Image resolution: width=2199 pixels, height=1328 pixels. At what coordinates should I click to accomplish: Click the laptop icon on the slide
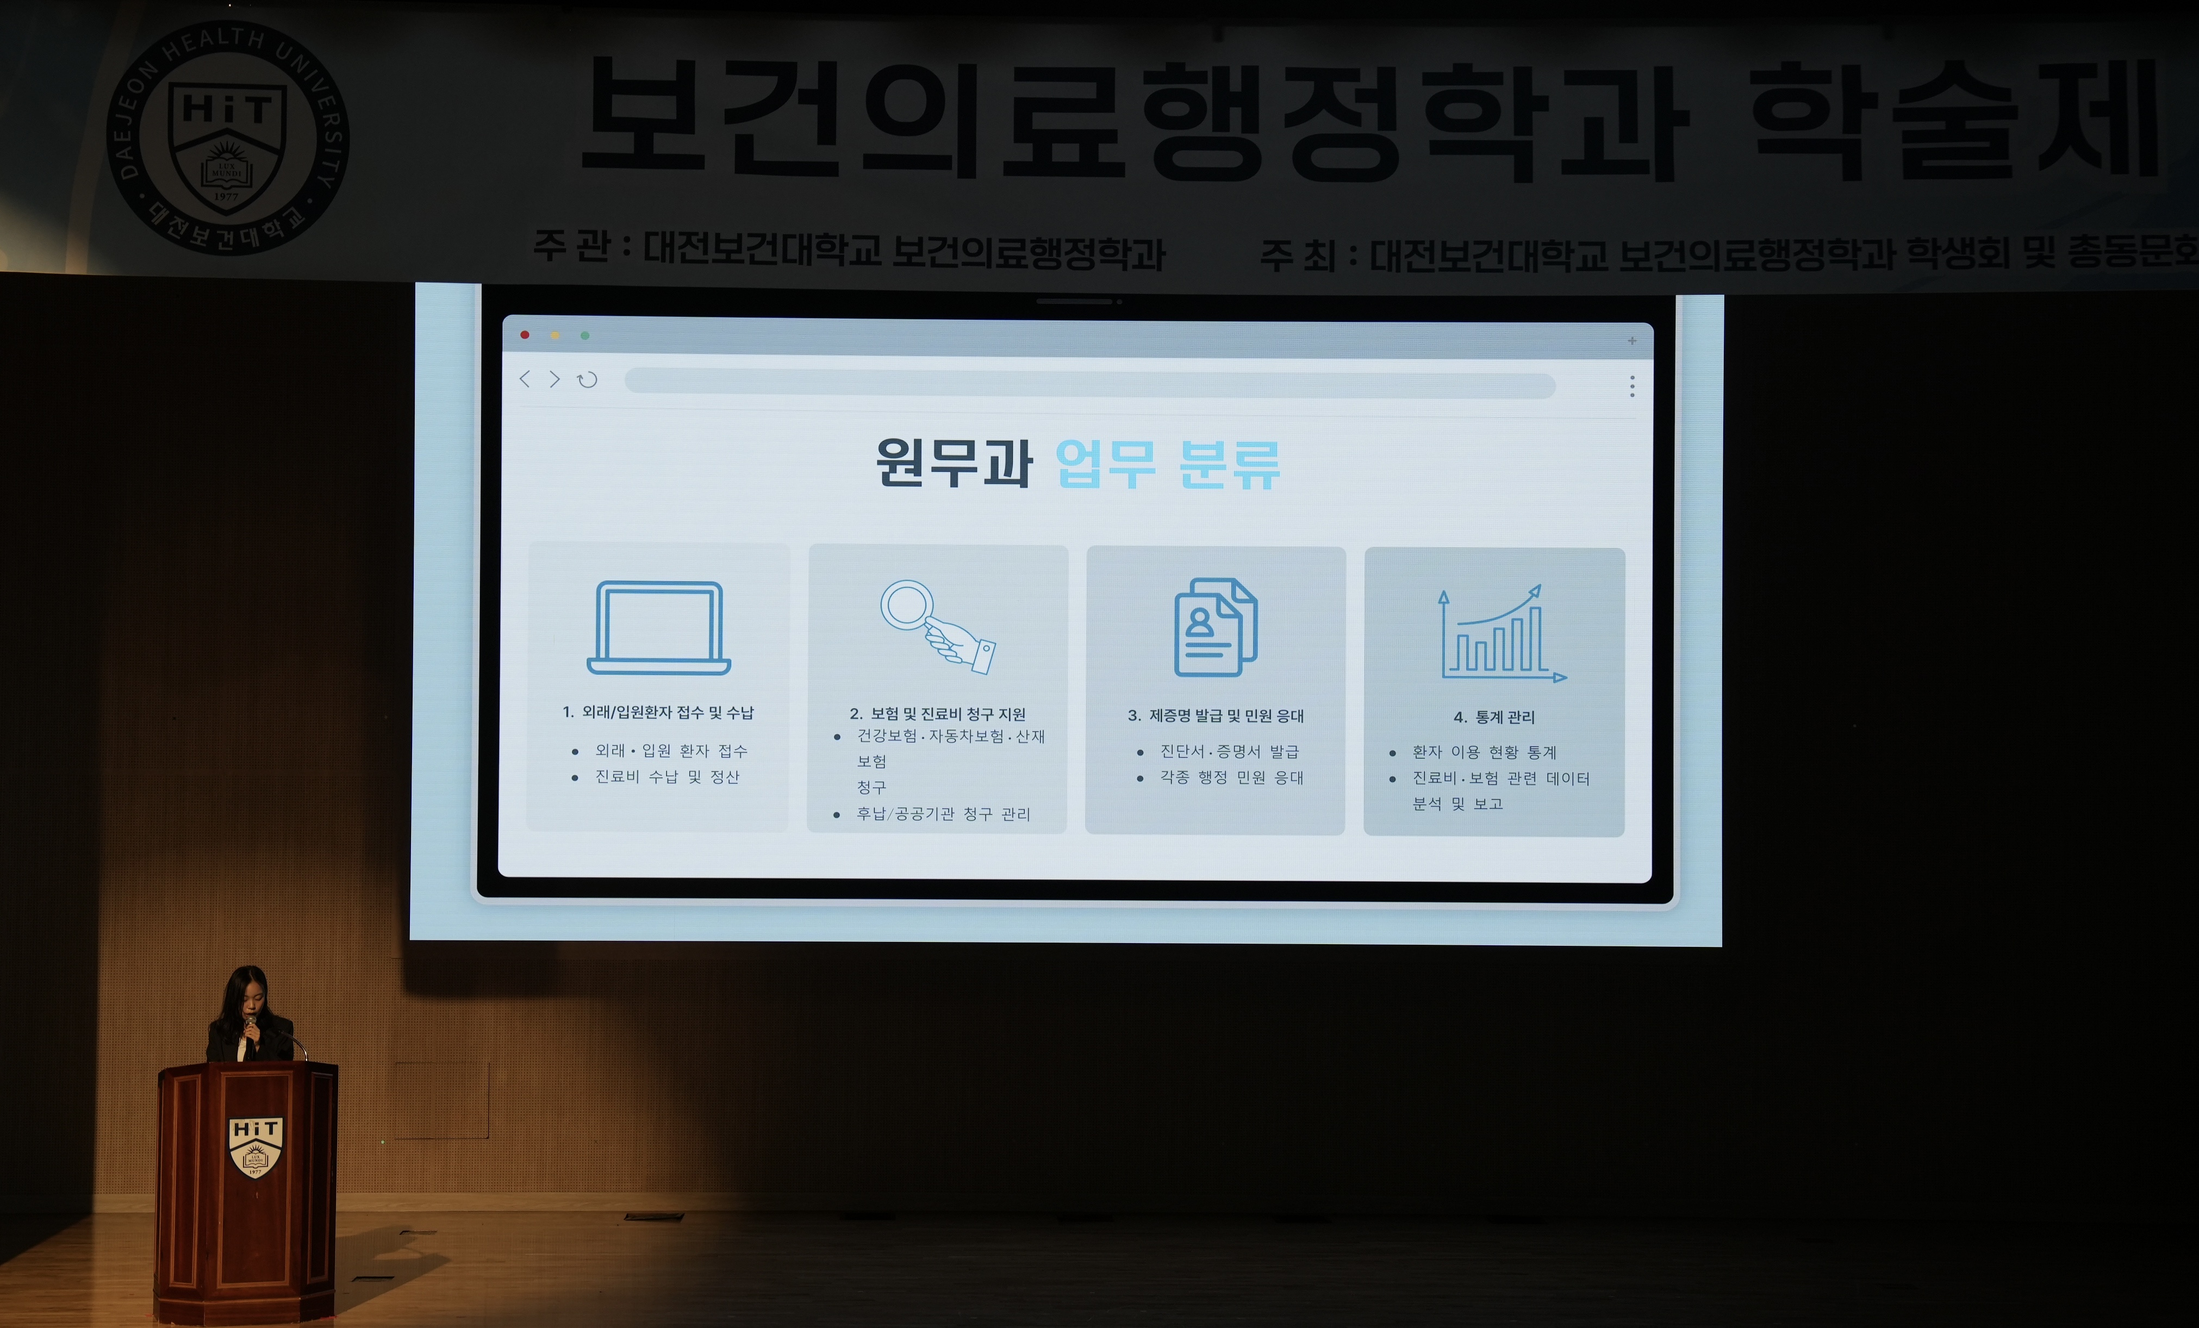pos(659,627)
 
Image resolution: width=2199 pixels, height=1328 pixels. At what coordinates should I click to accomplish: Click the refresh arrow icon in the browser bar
pos(587,380)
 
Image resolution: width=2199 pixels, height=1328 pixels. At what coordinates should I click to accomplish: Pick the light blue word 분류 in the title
pos(1230,464)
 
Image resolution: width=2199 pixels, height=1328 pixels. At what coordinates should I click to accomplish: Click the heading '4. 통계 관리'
pos(1494,716)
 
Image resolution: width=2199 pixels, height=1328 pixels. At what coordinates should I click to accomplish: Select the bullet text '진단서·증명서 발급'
pos(1230,751)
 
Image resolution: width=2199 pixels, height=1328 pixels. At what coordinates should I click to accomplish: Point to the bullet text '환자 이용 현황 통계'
pos(1484,752)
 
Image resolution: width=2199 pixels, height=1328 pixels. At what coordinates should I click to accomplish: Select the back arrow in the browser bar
pos(525,379)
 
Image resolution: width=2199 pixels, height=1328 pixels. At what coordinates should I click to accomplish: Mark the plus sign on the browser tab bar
pos(1633,340)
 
